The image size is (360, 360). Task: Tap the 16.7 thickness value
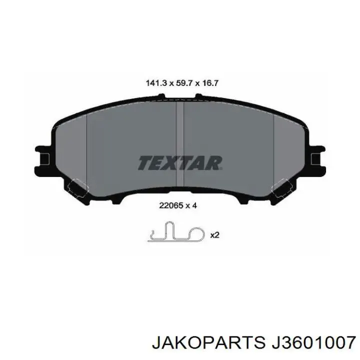click(x=207, y=83)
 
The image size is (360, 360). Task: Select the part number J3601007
click(x=309, y=342)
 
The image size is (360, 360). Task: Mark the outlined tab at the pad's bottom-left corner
click(x=78, y=188)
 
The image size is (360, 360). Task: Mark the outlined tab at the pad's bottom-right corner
click(x=282, y=188)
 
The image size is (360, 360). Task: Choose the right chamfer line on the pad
click(x=273, y=145)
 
